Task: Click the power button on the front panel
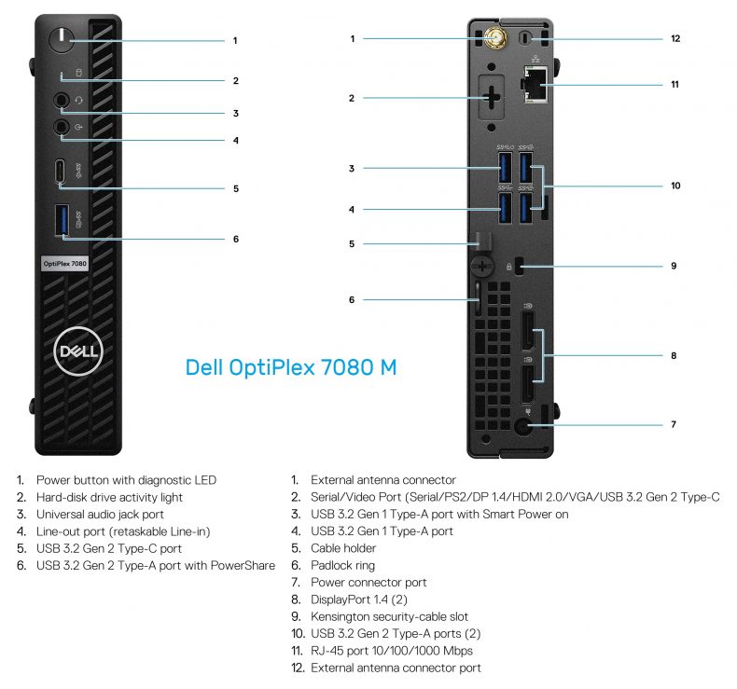coord(62,40)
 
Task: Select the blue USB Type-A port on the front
coord(62,220)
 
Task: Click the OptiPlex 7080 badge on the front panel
coord(64,264)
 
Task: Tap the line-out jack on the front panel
coord(62,127)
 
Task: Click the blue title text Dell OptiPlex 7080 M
coord(291,367)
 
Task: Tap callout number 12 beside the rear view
coord(674,39)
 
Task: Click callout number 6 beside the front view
coord(236,239)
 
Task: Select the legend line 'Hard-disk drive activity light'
coord(109,497)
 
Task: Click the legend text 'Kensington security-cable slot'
coord(389,616)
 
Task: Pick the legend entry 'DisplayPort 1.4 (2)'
coord(358,599)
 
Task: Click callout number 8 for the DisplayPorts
coord(674,355)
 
